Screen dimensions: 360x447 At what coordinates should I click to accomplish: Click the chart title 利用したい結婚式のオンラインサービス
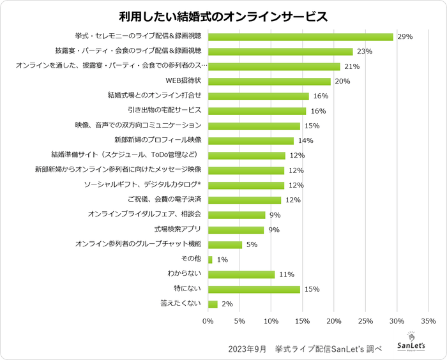(223, 16)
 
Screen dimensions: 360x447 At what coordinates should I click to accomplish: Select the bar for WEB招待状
(269, 81)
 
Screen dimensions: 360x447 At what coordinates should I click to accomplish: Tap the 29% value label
(404, 37)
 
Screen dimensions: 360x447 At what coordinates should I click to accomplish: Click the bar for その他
(210, 260)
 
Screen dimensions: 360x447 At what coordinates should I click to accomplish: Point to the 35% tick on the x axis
(428, 321)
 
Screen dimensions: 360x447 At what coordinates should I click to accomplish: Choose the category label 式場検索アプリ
(178, 230)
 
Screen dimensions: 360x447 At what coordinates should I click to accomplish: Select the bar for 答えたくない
(213, 304)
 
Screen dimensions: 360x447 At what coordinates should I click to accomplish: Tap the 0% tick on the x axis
(208, 321)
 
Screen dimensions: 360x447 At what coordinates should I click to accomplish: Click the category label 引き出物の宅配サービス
(165, 111)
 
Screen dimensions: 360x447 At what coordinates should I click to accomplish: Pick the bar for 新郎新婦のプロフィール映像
(251, 140)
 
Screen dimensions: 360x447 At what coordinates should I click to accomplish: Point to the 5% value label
(252, 245)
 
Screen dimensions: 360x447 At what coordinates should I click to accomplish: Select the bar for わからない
(241, 274)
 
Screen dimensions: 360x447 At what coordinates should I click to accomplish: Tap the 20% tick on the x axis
(334, 321)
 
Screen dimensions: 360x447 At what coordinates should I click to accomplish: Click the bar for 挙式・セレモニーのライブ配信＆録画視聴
(301, 36)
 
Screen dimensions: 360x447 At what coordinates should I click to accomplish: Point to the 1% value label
(222, 260)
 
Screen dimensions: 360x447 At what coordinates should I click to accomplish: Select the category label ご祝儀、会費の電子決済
(165, 200)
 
